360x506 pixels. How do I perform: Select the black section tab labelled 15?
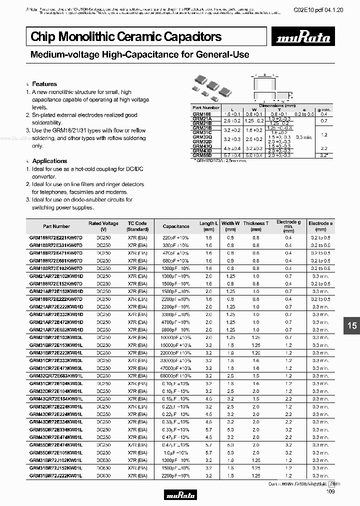(x=351, y=325)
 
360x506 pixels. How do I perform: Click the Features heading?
(x=44, y=84)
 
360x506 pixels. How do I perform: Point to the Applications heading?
(x=49, y=161)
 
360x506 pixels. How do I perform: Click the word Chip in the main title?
(x=42, y=36)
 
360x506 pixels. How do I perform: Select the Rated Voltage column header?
(x=103, y=226)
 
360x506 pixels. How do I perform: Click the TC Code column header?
(x=137, y=226)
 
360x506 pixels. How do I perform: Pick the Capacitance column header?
(x=176, y=226)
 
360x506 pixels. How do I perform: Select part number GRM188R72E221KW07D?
(x=56, y=237)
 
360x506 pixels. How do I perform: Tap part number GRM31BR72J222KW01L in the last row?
(x=56, y=475)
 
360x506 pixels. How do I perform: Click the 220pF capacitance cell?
(x=176, y=237)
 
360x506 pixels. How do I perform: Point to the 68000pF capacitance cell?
(x=176, y=375)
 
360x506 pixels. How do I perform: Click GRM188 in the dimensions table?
(x=201, y=113)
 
